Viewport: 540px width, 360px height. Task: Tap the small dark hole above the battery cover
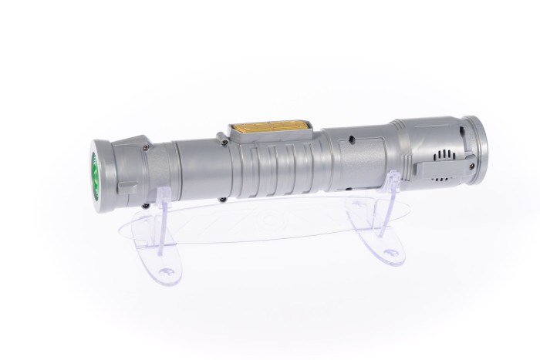350,140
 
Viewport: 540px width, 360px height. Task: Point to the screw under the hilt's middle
222,200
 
